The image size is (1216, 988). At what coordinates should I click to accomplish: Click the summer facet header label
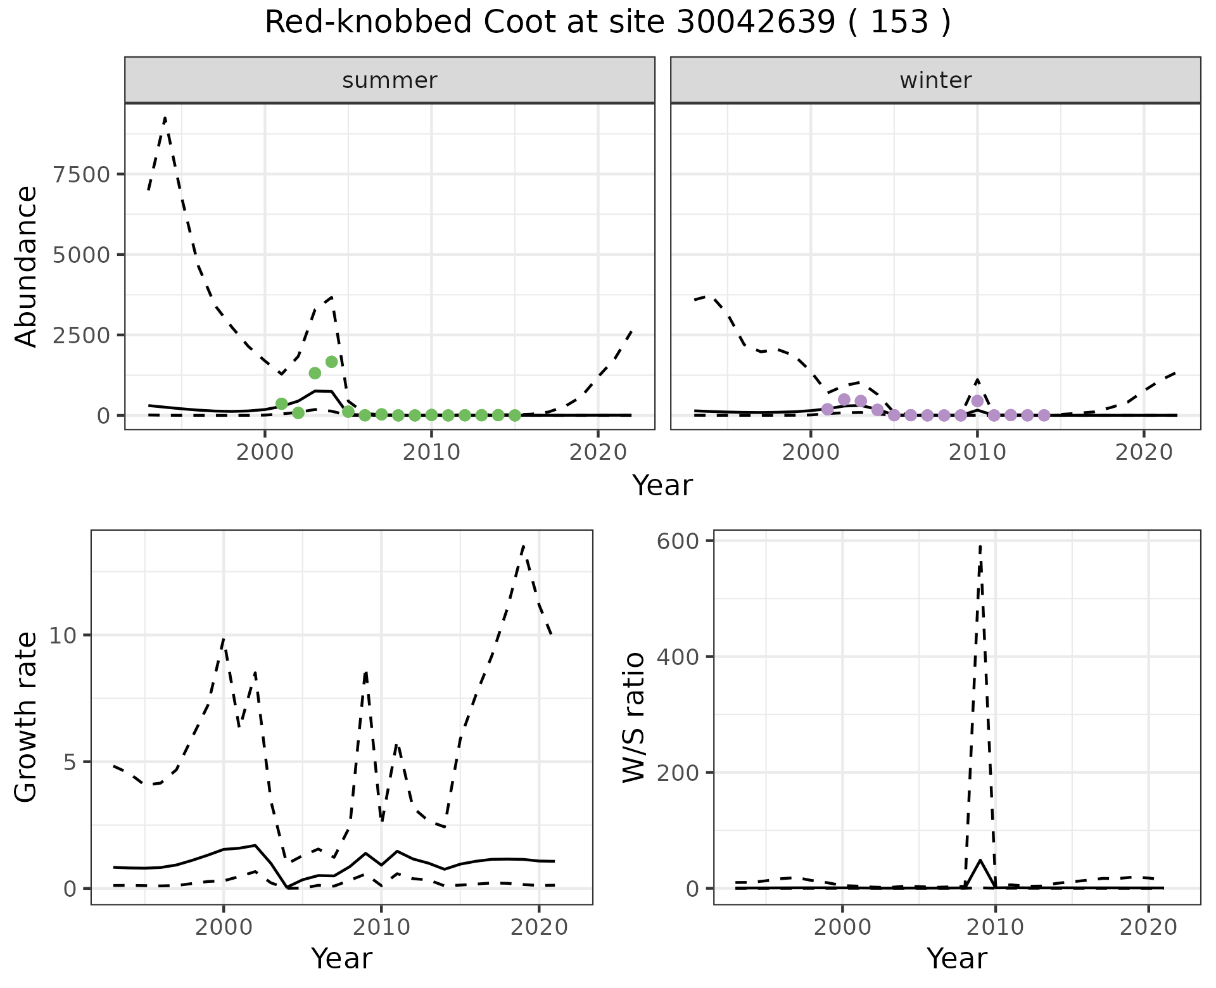point(389,80)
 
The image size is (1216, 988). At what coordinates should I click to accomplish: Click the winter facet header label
point(935,80)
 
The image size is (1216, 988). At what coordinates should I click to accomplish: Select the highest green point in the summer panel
point(331,362)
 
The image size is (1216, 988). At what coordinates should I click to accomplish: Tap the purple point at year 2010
point(977,401)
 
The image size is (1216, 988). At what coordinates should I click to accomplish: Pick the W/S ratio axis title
point(633,717)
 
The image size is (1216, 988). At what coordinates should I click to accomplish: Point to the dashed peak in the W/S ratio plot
point(980,545)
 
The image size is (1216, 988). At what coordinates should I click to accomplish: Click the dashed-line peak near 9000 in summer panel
point(165,118)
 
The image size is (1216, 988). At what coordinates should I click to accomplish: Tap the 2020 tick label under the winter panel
point(1143,453)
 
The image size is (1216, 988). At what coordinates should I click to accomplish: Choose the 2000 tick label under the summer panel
point(264,453)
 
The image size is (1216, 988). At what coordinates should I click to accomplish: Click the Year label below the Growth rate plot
point(341,958)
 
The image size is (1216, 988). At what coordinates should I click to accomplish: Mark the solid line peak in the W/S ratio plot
point(980,860)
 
